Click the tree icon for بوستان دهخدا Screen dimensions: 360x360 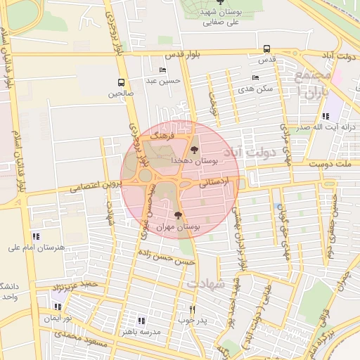[195, 149]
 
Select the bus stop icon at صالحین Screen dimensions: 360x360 [121, 82]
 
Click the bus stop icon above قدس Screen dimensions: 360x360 [266, 49]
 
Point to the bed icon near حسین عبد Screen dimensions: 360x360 [163, 70]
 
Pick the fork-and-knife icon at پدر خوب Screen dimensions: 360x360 [192, 309]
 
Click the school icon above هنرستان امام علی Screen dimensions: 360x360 [36, 236]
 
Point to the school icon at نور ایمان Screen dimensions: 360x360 [58, 307]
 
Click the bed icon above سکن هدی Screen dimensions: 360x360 [255, 78]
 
